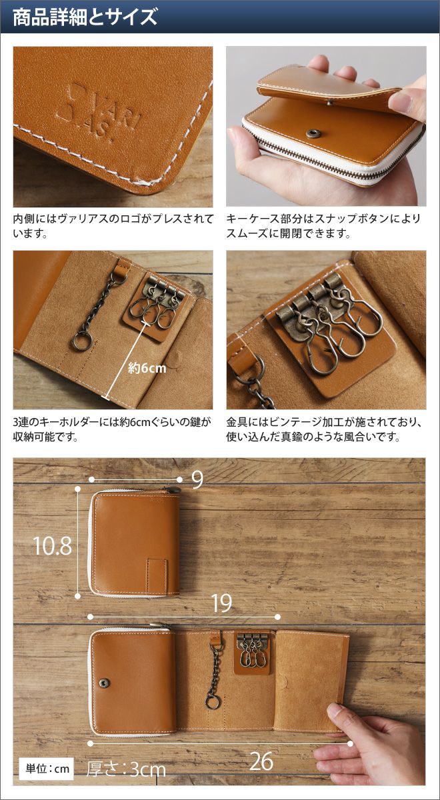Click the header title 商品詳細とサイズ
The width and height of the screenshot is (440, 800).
click(85, 17)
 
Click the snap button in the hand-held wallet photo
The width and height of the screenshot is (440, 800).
click(312, 133)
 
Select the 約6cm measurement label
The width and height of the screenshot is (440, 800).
click(147, 368)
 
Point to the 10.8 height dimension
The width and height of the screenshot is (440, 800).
click(53, 546)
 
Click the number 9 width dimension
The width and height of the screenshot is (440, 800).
click(197, 479)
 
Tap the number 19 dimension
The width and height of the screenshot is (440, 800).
click(222, 603)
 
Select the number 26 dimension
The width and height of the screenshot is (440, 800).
click(261, 761)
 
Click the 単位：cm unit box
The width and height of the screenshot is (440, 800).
click(46, 768)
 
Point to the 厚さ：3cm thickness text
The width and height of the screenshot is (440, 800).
click(127, 769)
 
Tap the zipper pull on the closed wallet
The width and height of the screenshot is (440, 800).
click(173, 490)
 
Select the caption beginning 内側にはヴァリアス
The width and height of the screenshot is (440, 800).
click(113, 226)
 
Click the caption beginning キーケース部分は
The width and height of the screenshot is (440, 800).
click(324, 226)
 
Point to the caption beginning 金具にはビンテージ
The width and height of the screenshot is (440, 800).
click(324, 429)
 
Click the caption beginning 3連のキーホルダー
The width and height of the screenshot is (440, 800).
click(112, 429)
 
